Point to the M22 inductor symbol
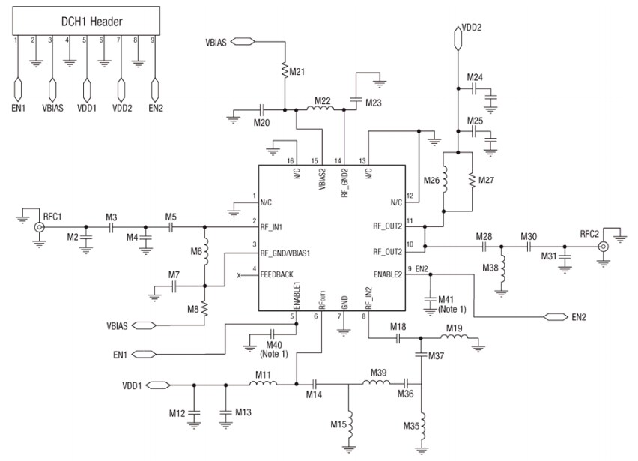[x=322, y=110]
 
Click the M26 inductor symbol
[x=444, y=181]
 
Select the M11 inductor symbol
[x=263, y=385]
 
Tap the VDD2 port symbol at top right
[x=456, y=34]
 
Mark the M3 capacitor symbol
[x=112, y=226]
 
